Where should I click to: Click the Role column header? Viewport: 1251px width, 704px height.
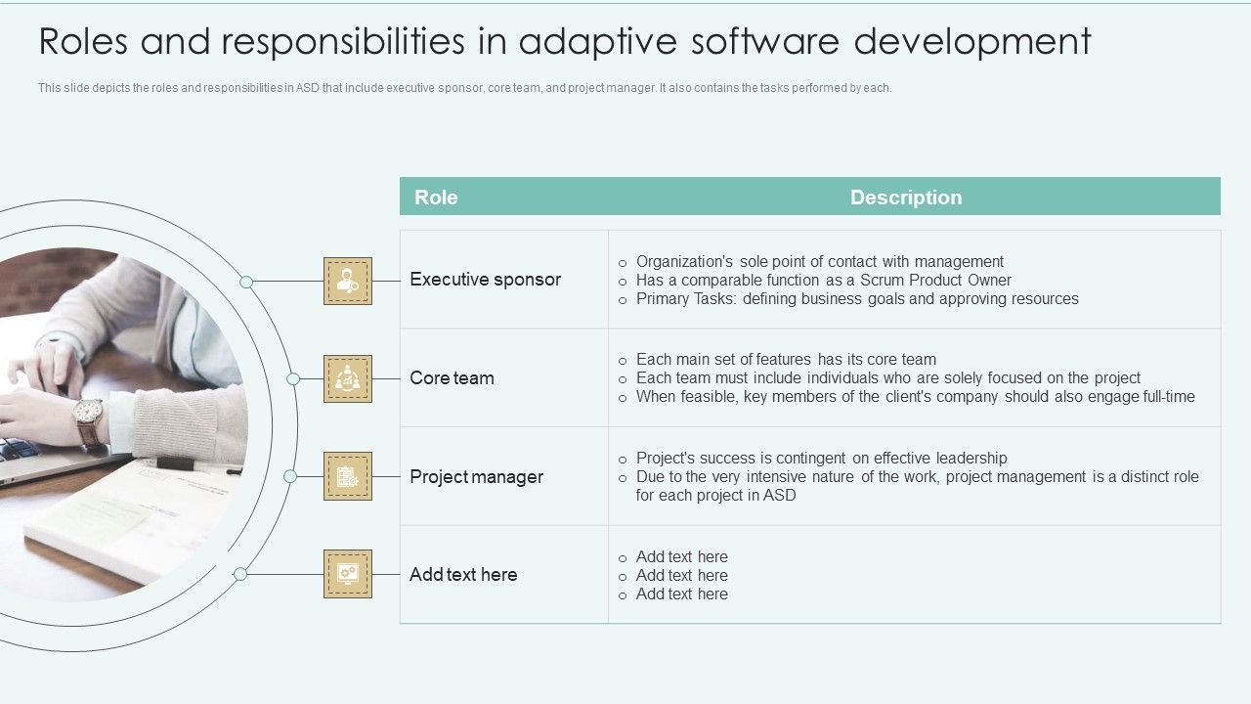436,198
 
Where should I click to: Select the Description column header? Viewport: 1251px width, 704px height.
906,198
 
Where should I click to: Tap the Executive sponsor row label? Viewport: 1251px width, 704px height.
485,280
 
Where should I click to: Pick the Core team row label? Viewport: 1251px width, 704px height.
452,378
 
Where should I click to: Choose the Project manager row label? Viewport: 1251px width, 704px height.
476,477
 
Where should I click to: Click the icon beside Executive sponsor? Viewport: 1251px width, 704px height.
348,282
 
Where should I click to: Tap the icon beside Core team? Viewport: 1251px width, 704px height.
348,379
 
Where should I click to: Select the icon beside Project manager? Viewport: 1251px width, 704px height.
348,476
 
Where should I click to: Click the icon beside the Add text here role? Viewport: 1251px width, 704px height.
348,574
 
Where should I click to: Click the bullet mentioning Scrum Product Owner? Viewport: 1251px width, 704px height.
823,281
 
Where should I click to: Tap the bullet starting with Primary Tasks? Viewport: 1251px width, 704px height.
856,299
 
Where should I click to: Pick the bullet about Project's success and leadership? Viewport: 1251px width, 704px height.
821,459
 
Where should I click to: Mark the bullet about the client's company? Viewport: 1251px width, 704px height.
915,397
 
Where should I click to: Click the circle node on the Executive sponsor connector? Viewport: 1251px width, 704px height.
246,282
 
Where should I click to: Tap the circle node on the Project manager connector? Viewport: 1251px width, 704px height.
290,476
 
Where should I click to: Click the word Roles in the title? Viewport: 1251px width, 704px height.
87,42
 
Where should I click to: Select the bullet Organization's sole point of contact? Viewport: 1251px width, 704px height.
819,262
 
